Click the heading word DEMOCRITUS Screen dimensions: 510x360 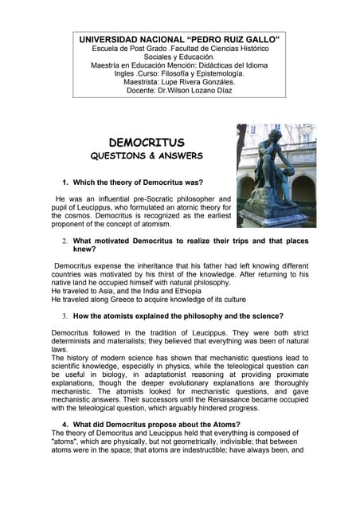click(x=147, y=143)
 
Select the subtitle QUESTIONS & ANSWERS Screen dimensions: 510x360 click(x=147, y=156)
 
